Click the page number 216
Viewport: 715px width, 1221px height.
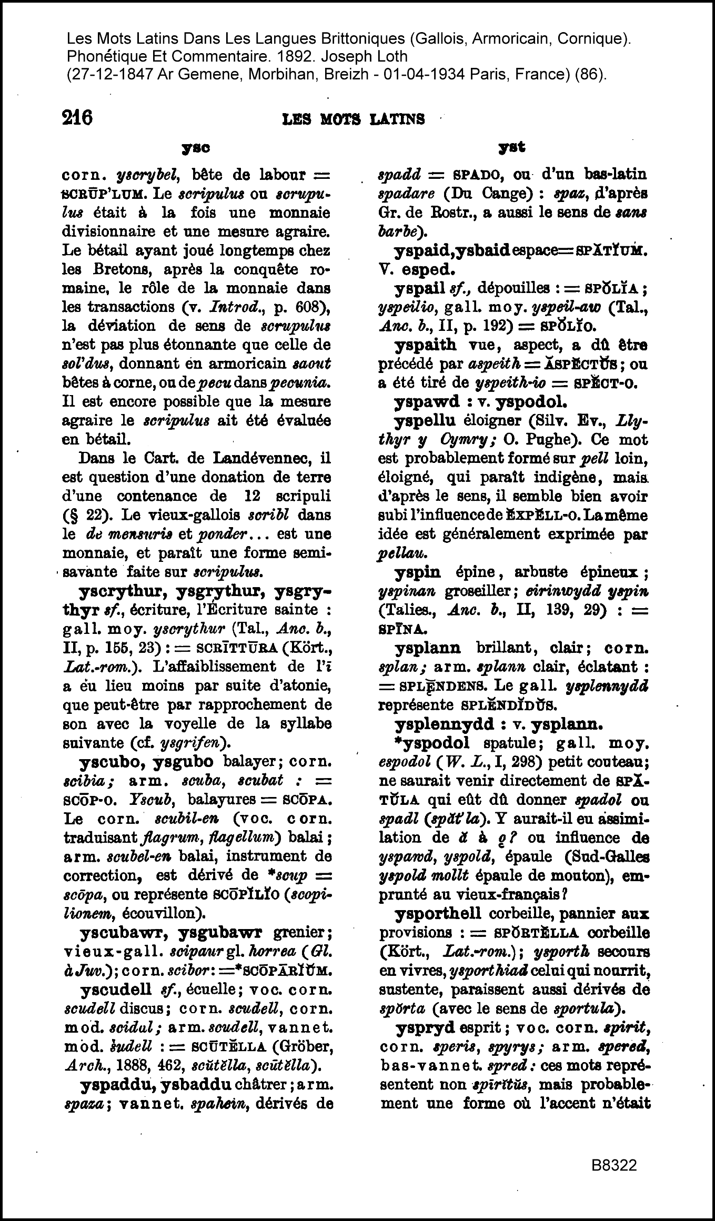(x=77, y=117)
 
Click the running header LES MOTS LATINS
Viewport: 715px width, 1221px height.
(x=354, y=119)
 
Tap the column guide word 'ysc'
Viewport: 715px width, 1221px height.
(x=196, y=149)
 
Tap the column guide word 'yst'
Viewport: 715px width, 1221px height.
(x=512, y=148)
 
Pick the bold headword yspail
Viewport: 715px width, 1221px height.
(x=419, y=288)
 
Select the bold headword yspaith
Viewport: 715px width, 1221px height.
(x=425, y=345)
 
